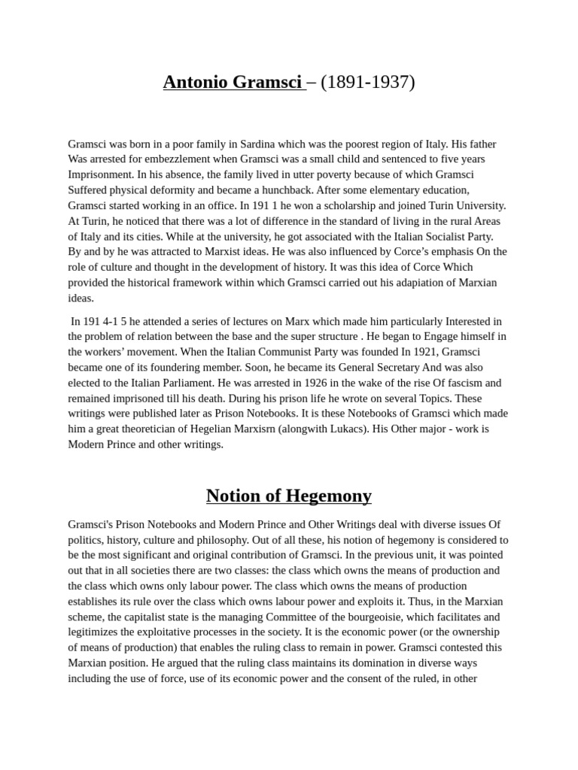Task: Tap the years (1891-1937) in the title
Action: coord(367,82)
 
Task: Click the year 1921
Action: coord(425,352)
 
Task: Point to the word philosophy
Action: coord(236,540)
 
